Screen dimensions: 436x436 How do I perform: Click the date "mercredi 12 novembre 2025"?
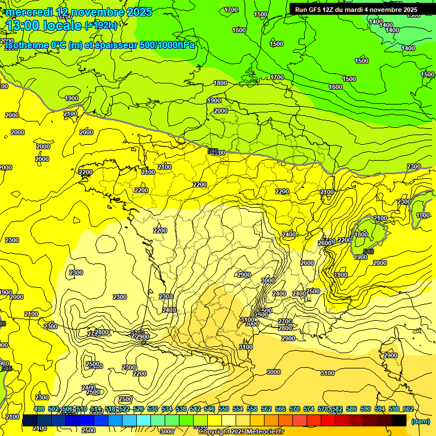coord(79,12)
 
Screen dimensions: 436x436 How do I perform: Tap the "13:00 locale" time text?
coord(44,25)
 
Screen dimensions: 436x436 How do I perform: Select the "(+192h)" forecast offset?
coord(101,25)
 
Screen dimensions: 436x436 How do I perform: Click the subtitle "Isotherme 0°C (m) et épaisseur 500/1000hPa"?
coord(100,45)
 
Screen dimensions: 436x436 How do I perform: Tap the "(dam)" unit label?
coord(421,421)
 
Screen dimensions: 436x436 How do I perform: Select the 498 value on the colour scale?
coord(39,409)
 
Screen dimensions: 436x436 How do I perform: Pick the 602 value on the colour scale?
coord(408,409)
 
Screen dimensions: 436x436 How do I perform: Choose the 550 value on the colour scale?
coord(224,409)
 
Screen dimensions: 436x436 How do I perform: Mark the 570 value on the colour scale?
coord(295,409)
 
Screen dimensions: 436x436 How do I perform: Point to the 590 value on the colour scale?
coord(366,409)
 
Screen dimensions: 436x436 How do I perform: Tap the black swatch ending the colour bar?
coord(399,420)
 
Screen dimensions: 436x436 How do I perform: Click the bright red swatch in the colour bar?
coord(328,420)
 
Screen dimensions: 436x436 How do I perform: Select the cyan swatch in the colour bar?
coord(144,420)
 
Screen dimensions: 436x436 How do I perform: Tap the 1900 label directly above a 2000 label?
coord(214,100)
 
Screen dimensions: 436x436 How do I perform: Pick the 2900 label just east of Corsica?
coord(391,355)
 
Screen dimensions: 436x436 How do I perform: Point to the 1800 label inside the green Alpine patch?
coord(361,234)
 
